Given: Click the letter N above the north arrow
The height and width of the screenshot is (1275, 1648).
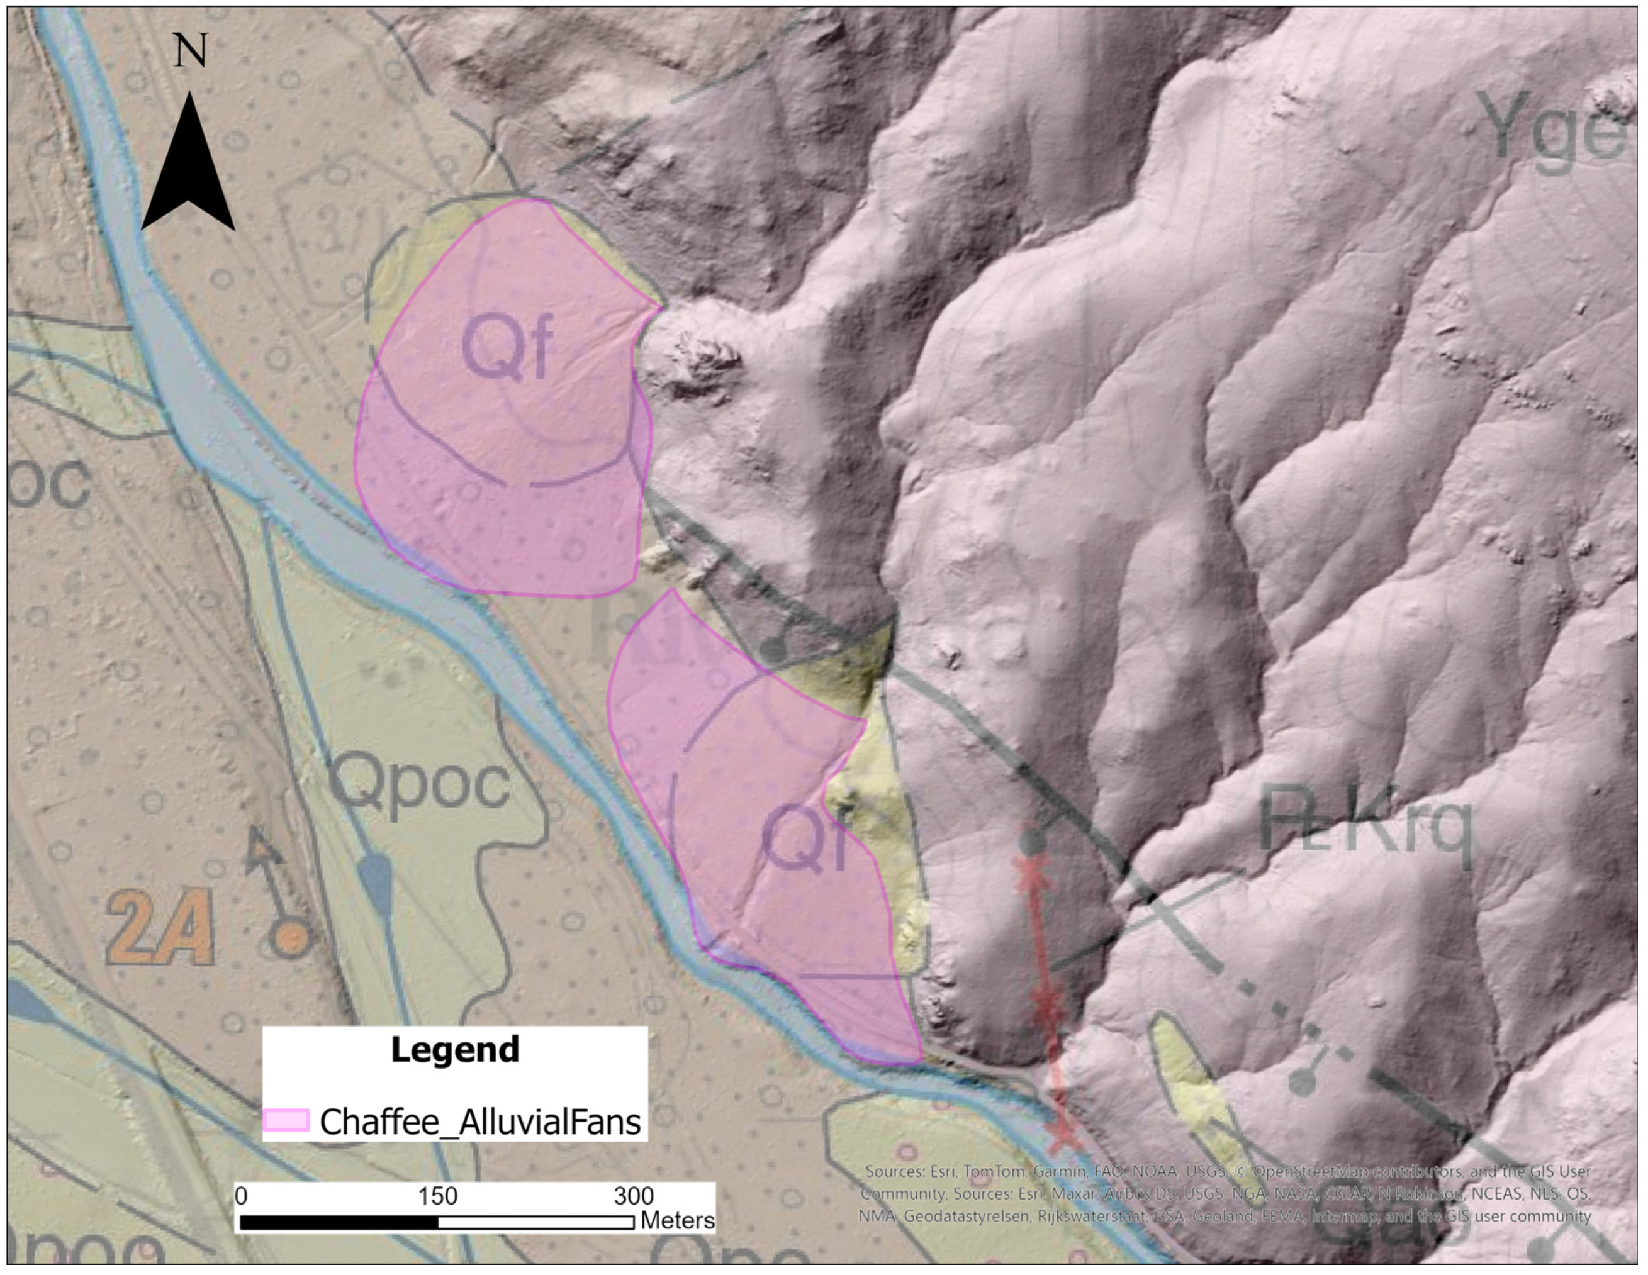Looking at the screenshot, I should (190, 52).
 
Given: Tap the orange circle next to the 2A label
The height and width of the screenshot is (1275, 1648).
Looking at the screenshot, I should (291, 938).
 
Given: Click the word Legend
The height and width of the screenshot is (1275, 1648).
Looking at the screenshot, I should (455, 1049).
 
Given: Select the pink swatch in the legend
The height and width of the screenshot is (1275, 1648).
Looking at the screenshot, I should (286, 1120).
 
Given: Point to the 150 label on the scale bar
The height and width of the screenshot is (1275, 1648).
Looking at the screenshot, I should (438, 1196).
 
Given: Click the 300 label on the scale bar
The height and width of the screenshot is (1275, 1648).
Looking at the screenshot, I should (633, 1196).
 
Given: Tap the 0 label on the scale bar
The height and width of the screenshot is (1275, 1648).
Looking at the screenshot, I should (242, 1196).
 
